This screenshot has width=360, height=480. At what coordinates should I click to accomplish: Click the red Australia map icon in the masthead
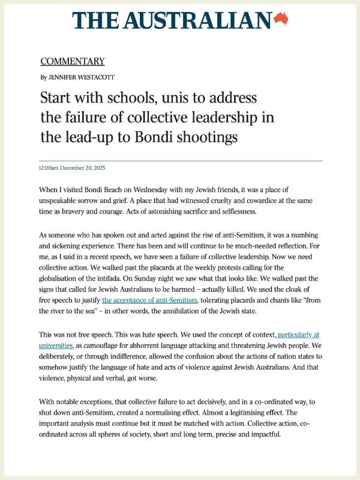281,20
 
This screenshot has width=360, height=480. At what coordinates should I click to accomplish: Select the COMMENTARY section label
73,61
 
